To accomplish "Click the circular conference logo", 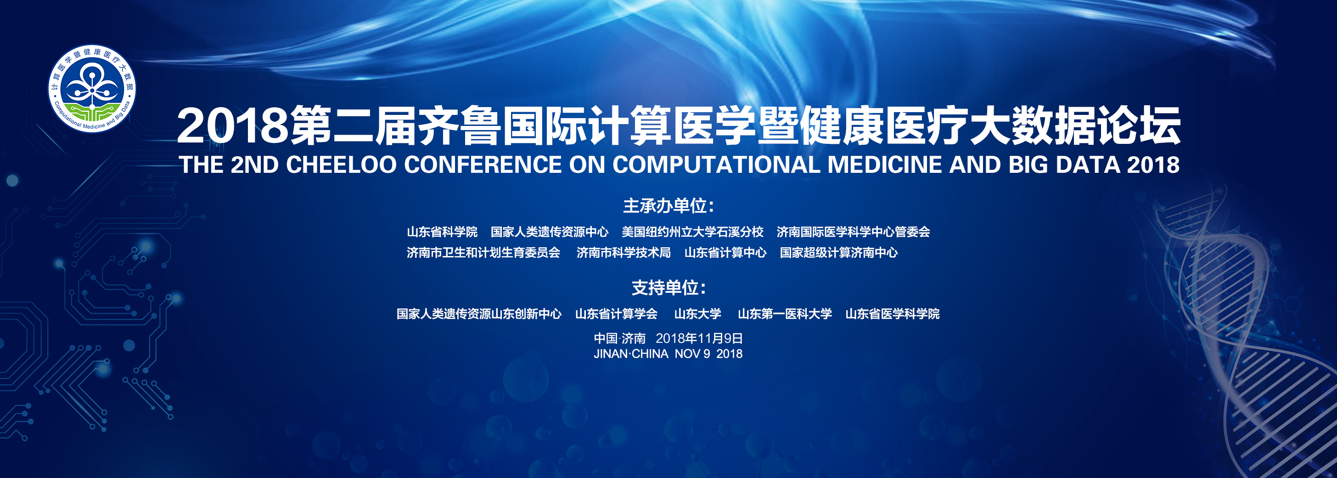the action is (92, 88).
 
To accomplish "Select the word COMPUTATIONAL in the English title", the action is (717, 165).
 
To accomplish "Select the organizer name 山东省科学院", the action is (442, 232).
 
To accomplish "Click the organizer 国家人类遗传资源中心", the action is (550, 232).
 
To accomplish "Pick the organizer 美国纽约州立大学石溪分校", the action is (692, 232).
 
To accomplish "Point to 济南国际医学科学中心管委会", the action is (853, 232).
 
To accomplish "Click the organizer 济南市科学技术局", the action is (624, 252).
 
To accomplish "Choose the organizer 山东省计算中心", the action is (725, 252).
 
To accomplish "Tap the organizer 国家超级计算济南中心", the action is (838, 252).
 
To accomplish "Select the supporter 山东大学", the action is (697, 314).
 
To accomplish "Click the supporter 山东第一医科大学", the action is (785, 314).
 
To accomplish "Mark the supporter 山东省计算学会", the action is (616, 314).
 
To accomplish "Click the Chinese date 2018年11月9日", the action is (699, 338).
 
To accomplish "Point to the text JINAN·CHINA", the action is (630, 354).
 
